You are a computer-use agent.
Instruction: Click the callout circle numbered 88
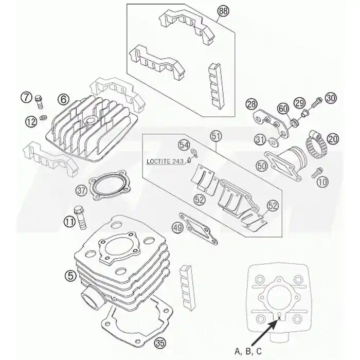pyautogui.click(x=223, y=11)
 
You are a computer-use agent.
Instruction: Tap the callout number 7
pyautogui.click(x=26, y=97)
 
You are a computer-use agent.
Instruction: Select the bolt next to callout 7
pyautogui.click(x=39, y=102)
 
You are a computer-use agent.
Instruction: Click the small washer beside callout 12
pyautogui.click(x=43, y=117)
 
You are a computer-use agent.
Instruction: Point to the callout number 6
pyautogui.click(x=63, y=99)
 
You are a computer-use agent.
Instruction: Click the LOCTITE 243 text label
pyautogui.click(x=165, y=161)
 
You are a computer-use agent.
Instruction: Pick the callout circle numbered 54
pyautogui.click(x=185, y=145)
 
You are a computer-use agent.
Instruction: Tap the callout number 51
pyautogui.click(x=216, y=136)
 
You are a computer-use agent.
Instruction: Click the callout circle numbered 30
pyautogui.click(x=331, y=98)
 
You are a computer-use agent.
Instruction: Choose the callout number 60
pyautogui.click(x=283, y=109)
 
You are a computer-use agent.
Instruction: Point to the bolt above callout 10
pyautogui.click(x=317, y=173)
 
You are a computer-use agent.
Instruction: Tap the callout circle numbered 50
pyautogui.click(x=262, y=166)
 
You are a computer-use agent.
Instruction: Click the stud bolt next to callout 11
pyautogui.click(x=80, y=217)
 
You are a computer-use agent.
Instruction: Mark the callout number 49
pyautogui.click(x=178, y=227)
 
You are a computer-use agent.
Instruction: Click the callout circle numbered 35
pyautogui.click(x=160, y=343)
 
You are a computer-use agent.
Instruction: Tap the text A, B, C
pyautogui.click(x=248, y=351)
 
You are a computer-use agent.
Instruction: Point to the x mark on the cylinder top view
pyautogui.click(x=279, y=318)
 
